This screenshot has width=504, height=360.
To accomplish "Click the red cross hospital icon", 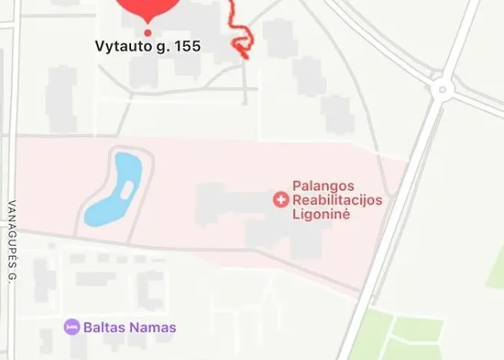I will (x=281, y=199).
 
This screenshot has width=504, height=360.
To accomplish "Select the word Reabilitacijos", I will (x=337, y=200).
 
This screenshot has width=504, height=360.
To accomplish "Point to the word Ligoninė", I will (x=321, y=214).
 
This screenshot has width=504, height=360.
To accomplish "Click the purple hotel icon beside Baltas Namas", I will (x=71, y=327).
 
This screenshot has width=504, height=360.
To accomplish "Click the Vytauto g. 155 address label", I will (x=148, y=47).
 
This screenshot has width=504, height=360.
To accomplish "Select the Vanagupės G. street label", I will (x=12, y=240).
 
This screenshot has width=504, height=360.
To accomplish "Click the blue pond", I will (x=108, y=202).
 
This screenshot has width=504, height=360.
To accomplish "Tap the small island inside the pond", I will (x=127, y=190).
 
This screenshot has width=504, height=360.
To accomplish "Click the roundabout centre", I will (x=441, y=89).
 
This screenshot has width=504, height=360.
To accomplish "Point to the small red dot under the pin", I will (x=148, y=32).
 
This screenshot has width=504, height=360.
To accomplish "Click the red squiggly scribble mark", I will (x=240, y=36).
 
